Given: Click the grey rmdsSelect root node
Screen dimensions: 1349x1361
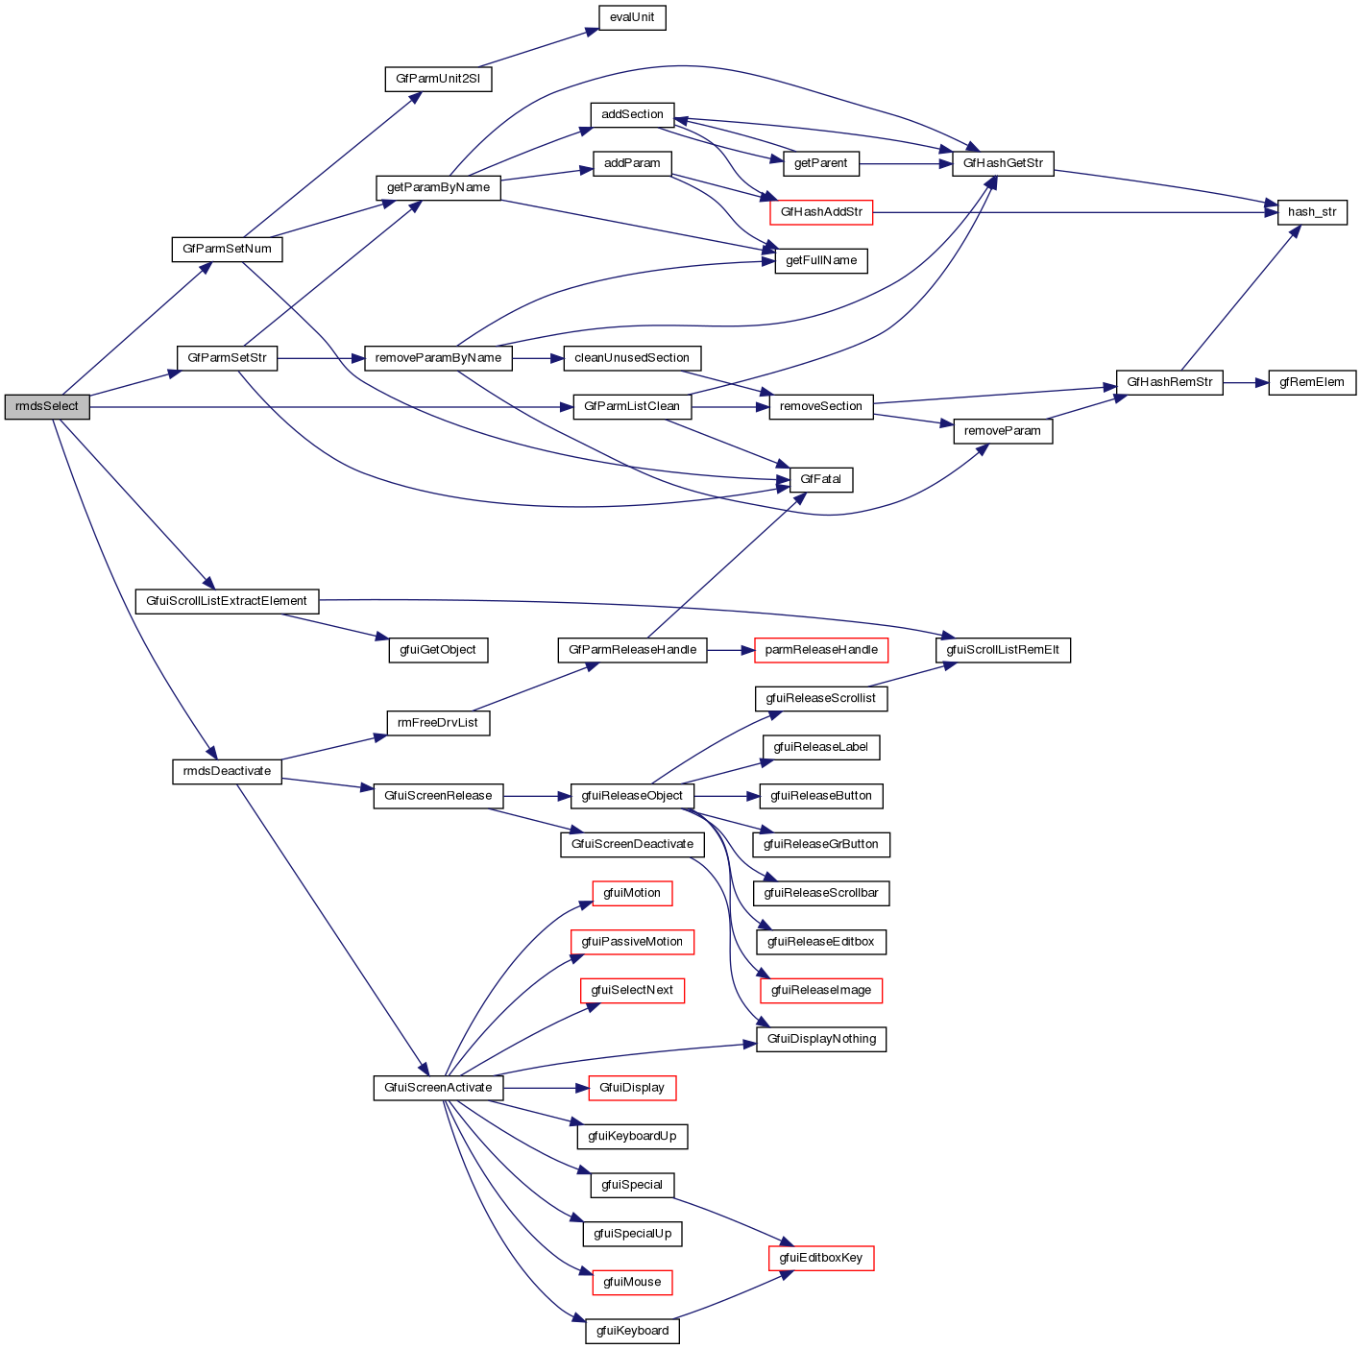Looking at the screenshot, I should point(46,406).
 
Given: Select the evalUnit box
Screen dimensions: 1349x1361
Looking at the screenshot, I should point(631,17).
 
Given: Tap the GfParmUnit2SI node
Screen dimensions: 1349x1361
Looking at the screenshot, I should point(438,79).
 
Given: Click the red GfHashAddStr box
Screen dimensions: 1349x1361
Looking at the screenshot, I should point(821,212).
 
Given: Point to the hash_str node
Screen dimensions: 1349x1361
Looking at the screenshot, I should point(1311,212).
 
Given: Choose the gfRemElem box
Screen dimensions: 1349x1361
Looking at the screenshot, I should point(1311,382).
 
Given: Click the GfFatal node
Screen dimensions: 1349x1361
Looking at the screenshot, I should point(820,479).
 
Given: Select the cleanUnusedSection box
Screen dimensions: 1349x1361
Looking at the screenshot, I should point(632,358).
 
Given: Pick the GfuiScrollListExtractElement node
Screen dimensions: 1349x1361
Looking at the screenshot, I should point(227,601).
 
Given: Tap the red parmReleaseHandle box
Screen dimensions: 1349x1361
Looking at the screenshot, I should point(821,650).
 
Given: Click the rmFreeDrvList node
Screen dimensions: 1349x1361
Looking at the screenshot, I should point(438,723).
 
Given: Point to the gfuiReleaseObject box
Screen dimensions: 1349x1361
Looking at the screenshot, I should point(632,796).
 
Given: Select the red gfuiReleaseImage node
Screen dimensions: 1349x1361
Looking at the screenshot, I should point(821,990).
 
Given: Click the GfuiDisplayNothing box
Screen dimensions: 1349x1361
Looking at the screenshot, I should point(821,1039).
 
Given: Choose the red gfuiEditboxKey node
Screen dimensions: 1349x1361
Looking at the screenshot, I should point(821,1258).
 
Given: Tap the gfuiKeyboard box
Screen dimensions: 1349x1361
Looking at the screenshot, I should point(632,1331).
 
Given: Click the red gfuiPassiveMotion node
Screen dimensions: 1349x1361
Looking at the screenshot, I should point(632,942).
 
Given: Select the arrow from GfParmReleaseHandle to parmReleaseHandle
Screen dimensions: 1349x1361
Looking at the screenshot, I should point(731,650).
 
